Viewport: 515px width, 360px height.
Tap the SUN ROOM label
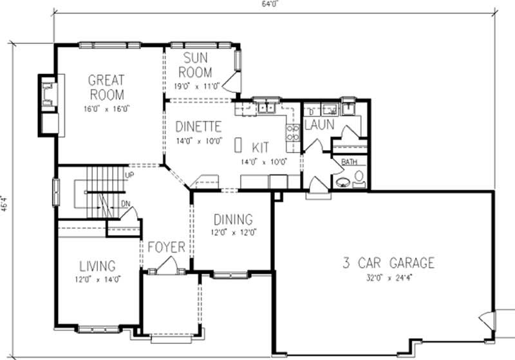[x=196, y=64]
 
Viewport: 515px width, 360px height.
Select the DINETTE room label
[x=198, y=126]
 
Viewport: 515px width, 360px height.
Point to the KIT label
[x=261, y=147]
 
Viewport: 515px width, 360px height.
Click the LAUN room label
[x=319, y=124]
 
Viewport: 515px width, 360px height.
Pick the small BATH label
[x=349, y=162]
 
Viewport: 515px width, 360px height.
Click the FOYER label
[x=167, y=247]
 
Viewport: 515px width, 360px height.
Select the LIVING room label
[x=97, y=265]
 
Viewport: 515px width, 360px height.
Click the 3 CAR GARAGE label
[x=388, y=263]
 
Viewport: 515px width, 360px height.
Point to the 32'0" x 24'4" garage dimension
[x=388, y=279]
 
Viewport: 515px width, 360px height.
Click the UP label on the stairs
[x=129, y=175]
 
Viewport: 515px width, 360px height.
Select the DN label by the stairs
[x=126, y=204]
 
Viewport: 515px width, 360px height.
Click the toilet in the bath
[x=359, y=177]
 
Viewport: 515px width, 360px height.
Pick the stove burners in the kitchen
[x=292, y=132]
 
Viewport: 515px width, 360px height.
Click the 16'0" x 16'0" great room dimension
[x=106, y=108]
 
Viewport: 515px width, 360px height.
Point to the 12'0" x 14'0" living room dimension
[x=97, y=279]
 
